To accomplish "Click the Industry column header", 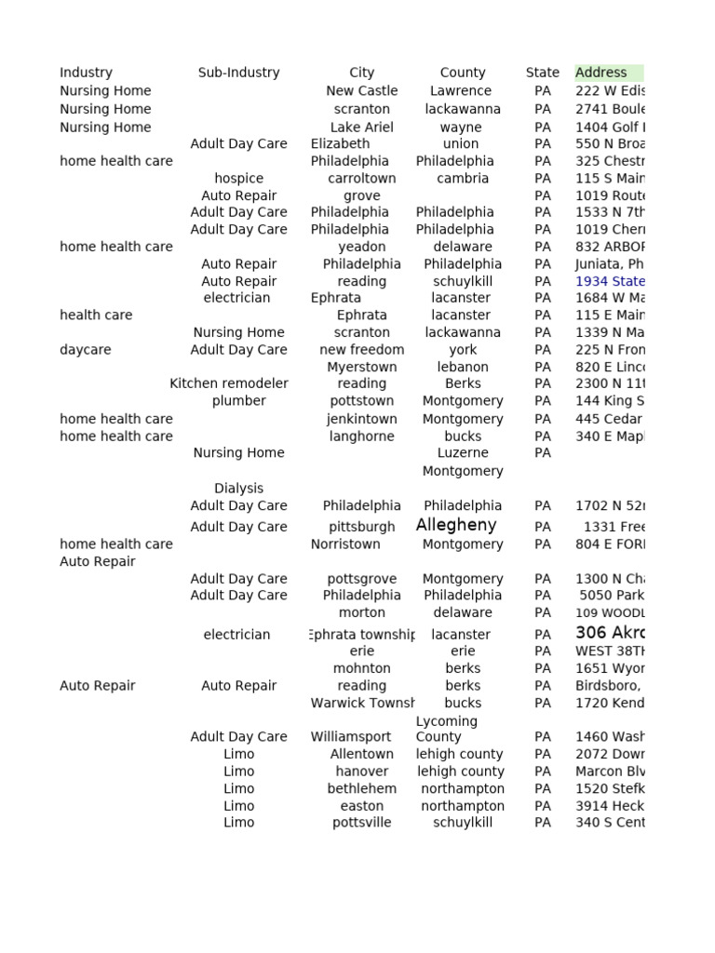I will pyautogui.click(x=86, y=73).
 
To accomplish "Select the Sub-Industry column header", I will pyautogui.click(x=238, y=73).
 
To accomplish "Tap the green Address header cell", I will pyautogui.click(x=607, y=73).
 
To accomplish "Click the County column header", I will pyautogui.click(x=463, y=73).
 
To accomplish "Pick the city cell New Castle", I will pyautogui.click(x=361, y=91).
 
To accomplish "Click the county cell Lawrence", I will pyautogui.click(x=461, y=91).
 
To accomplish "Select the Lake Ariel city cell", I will pyautogui.click(x=361, y=128).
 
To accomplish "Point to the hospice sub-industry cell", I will pyautogui.click(x=238, y=179).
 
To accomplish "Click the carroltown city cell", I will pyautogui.click(x=361, y=179).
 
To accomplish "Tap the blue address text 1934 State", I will pyautogui.click(x=610, y=281).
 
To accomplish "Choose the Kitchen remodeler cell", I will pyautogui.click(x=229, y=383).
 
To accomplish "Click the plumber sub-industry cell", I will pyautogui.click(x=238, y=401).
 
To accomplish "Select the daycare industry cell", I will pyautogui.click(x=86, y=350).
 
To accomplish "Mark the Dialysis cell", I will pyautogui.click(x=238, y=489).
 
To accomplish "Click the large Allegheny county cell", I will pyautogui.click(x=456, y=525).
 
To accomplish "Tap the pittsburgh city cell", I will pyautogui.click(x=361, y=527).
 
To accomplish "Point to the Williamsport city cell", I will pyautogui.click(x=351, y=737).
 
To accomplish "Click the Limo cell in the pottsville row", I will pyautogui.click(x=238, y=823).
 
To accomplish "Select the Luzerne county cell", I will pyautogui.click(x=463, y=453).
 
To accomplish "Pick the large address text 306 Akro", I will pyautogui.click(x=610, y=633).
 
